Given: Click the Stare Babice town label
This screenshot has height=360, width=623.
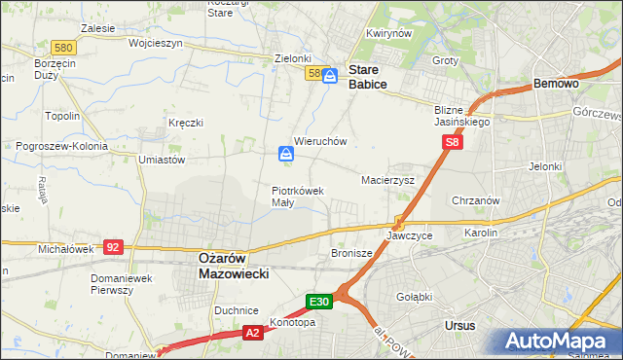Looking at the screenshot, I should [x=368, y=77].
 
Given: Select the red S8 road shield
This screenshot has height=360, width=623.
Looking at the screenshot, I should [x=452, y=143].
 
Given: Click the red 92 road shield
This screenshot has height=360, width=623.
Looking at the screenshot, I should [x=114, y=247].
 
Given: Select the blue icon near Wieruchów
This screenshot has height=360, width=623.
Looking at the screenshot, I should [x=286, y=154].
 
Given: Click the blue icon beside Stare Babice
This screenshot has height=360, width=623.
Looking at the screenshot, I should [x=331, y=75].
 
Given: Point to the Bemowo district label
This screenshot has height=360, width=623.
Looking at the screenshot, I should [x=557, y=85].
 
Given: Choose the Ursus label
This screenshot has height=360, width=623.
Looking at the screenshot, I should [x=459, y=325].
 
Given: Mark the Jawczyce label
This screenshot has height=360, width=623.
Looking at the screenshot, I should [x=409, y=235].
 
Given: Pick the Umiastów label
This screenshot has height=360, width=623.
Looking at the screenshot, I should [x=162, y=160].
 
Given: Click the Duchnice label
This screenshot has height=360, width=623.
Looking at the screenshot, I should [x=236, y=308].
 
